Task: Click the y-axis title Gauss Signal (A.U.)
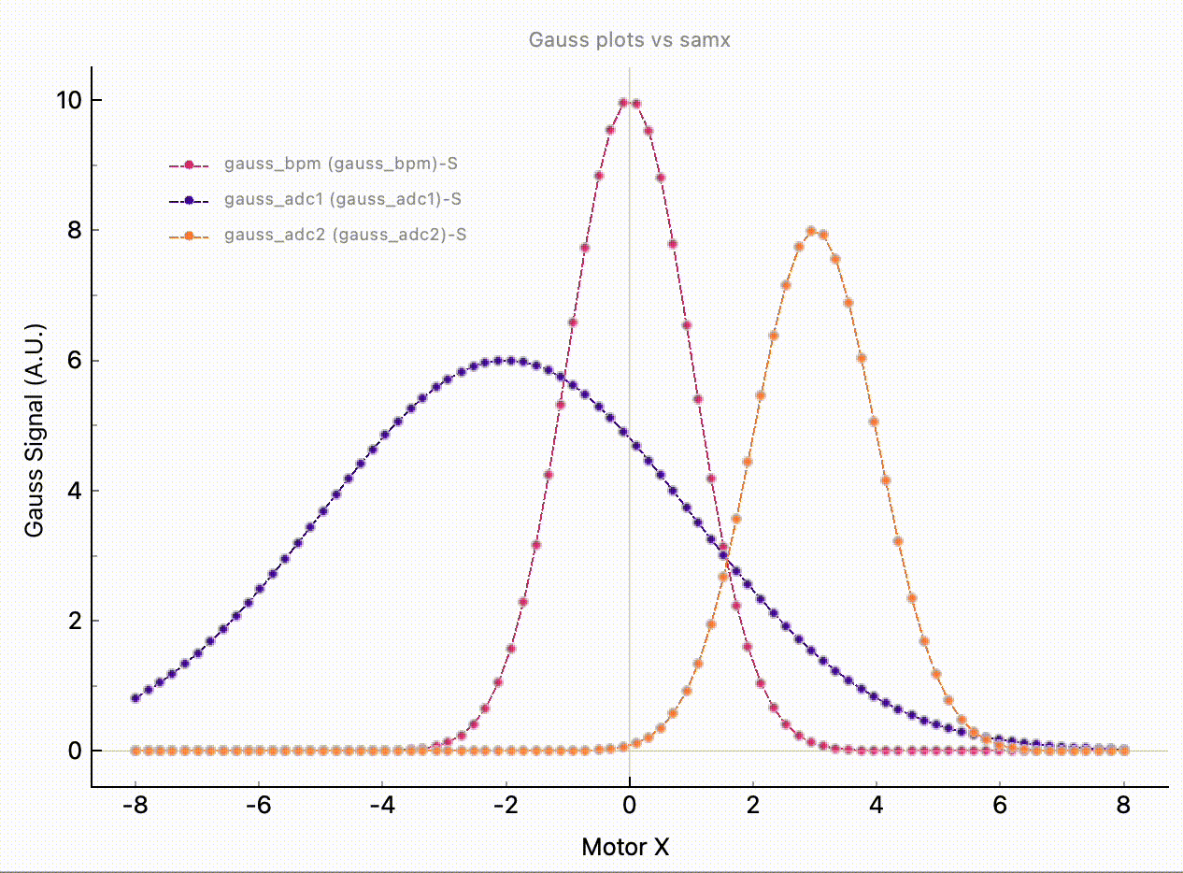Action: tap(36, 429)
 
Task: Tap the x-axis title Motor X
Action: tap(625, 847)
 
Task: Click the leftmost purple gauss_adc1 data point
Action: tap(135, 697)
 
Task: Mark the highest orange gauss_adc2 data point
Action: tap(811, 231)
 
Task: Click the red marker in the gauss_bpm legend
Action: tap(189, 165)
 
